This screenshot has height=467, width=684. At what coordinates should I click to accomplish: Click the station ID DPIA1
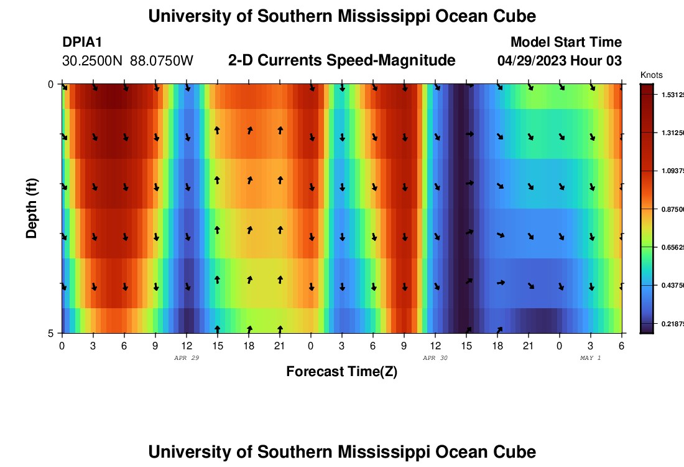click(82, 42)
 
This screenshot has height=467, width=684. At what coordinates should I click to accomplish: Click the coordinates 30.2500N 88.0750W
click(128, 61)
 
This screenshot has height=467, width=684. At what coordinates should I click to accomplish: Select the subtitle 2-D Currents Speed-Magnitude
click(342, 60)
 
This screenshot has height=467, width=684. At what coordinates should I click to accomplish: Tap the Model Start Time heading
click(566, 42)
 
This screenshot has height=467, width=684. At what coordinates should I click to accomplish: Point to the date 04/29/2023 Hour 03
click(560, 61)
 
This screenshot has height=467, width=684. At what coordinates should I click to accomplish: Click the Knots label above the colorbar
click(651, 75)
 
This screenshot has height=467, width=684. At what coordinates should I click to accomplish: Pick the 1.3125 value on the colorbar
click(672, 133)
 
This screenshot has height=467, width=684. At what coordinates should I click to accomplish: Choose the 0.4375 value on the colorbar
click(672, 286)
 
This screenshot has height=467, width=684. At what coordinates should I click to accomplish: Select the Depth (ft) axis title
click(32, 208)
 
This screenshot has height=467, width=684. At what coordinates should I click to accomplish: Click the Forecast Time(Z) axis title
click(341, 372)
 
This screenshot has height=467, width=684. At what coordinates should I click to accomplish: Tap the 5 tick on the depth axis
click(50, 334)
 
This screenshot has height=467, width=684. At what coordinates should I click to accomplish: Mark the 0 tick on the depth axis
click(50, 84)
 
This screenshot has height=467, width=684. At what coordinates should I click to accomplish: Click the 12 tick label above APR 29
click(187, 346)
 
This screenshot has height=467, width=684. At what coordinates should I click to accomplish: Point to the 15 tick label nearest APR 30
click(466, 346)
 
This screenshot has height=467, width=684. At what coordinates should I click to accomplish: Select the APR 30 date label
click(435, 358)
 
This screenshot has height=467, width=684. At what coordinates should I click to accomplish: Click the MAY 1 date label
click(590, 358)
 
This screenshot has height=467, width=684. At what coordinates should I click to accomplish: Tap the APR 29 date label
click(187, 358)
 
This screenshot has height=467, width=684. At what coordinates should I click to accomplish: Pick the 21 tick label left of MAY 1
click(528, 346)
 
